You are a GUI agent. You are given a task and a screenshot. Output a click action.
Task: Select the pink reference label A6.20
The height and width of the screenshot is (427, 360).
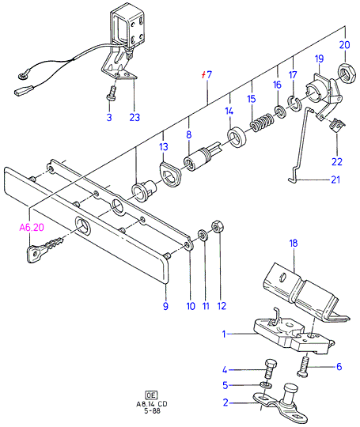pos(32,228)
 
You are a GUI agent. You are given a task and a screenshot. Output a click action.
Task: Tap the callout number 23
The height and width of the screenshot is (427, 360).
pos(135,117)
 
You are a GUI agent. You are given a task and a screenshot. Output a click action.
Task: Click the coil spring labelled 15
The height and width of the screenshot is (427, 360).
pos(261,123)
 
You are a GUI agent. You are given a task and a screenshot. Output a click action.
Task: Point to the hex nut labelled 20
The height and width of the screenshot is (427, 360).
pos(347,72)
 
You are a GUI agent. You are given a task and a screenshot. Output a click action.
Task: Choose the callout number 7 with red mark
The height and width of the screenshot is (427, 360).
pos(207,74)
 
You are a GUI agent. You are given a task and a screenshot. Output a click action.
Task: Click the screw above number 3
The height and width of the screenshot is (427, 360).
pos(111,93)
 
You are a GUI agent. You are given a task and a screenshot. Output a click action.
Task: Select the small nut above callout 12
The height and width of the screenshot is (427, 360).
pos(218,227)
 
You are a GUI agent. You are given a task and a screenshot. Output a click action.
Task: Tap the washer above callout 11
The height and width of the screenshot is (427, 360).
pos(203,235)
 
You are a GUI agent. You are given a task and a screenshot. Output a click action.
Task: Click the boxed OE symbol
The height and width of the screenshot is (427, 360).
pos(151,395)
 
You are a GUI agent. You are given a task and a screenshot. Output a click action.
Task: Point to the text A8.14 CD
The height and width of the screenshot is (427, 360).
pos(152,404)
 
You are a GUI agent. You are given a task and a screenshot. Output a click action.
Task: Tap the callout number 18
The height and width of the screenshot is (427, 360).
pos(294,243)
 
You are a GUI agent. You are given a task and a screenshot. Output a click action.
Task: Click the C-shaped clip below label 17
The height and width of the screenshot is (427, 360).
pos(294,104)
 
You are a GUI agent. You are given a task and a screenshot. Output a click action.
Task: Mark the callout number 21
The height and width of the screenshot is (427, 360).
pos(335,179)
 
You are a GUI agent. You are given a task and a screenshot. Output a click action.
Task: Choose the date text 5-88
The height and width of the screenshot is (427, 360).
pos(152,411)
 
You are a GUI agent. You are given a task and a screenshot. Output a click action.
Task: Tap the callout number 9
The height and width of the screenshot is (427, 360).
pos(165,306)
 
